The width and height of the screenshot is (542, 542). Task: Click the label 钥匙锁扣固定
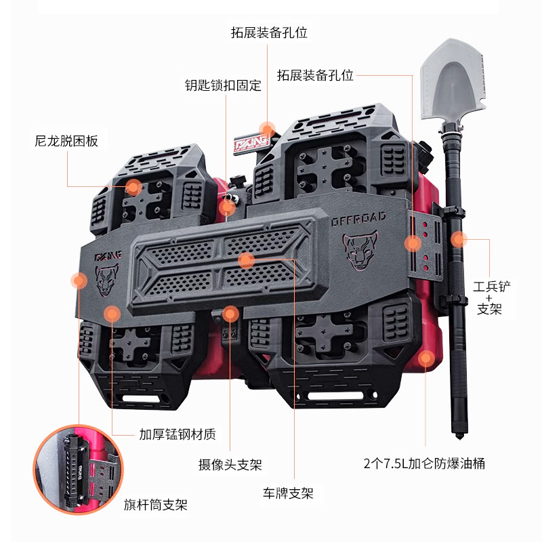pyautogui.click(x=223, y=86)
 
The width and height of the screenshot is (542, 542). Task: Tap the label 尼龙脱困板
pyautogui.click(x=66, y=142)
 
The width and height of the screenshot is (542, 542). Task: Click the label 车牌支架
pyautogui.click(x=289, y=493)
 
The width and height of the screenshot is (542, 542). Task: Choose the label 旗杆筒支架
pyautogui.click(x=155, y=505)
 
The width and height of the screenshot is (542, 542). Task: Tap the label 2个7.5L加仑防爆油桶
pyautogui.click(x=424, y=464)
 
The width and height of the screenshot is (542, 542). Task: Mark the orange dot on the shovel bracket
pyautogui.click(x=459, y=238)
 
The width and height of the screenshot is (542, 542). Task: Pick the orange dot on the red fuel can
pyautogui.click(x=426, y=358)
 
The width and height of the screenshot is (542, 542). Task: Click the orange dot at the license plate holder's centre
pyautogui.click(x=246, y=259)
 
